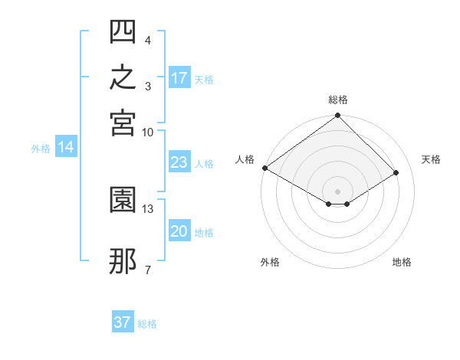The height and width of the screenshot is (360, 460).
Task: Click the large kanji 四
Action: point(123,31)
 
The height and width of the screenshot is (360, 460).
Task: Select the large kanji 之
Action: point(123,77)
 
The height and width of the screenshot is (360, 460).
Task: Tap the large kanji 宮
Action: point(123,123)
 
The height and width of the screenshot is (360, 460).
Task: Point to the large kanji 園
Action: point(123,200)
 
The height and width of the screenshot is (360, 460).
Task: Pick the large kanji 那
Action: point(123,261)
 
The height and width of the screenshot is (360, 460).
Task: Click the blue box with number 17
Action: point(179,77)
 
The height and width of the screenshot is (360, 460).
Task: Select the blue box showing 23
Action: point(179,162)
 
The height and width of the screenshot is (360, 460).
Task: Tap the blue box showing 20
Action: point(179,230)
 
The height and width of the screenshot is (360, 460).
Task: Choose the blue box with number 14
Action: point(66,146)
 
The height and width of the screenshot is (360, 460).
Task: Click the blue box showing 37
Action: point(123,321)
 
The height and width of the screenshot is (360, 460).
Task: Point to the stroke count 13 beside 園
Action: point(147,209)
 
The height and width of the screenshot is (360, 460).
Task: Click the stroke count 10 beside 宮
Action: point(147,133)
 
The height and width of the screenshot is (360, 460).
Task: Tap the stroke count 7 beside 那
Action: point(148,270)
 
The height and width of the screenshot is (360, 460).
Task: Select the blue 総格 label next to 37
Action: point(147,324)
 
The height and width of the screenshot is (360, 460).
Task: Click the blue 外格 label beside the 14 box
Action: point(41,149)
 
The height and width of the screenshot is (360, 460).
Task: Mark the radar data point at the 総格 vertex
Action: point(337,115)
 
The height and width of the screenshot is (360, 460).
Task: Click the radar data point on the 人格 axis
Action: point(265,168)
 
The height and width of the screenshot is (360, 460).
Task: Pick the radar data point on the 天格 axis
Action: point(396,172)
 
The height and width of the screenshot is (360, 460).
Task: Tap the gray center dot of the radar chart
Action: point(337,191)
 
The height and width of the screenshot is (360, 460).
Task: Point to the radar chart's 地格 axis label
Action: point(402,262)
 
